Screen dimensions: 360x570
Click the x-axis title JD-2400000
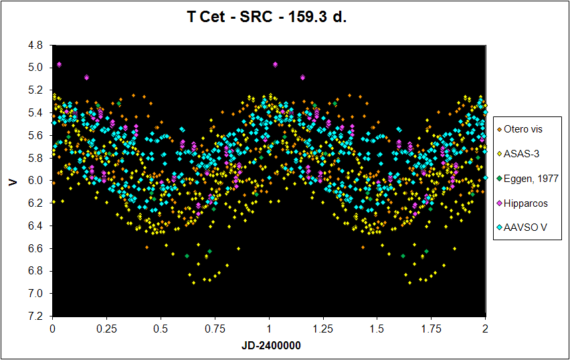pyautogui.click(x=269, y=347)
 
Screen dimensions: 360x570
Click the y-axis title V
pyautogui.click(x=12, y=181)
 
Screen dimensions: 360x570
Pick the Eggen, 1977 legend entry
pyautogui.click(x=531, y=178)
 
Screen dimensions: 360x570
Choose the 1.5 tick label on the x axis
pyautogui.click(x=377, y=329)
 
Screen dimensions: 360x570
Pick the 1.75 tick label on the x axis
pyautogui.click(x=432, y=329)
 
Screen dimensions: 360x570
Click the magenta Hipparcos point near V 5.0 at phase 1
pyautogui.click(x=276, y=64)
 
